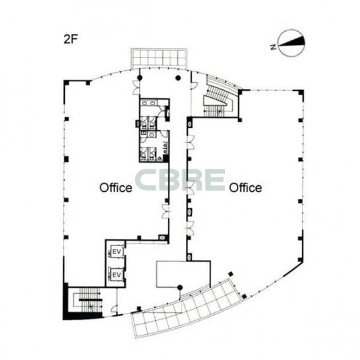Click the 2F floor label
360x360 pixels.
71,39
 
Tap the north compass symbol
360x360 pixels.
292,43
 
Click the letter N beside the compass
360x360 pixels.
273,47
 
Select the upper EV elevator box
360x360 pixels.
116,251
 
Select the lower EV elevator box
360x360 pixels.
116,275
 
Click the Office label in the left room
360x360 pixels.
116,188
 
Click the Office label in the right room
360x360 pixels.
246,188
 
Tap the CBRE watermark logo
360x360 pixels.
180,180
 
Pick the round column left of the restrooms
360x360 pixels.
140,78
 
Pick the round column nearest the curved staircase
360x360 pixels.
178,78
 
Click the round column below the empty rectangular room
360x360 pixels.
180,287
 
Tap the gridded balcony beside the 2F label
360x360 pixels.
158,58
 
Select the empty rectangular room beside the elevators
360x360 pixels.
183,274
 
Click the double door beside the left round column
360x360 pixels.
136,87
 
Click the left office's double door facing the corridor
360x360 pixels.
165,211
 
